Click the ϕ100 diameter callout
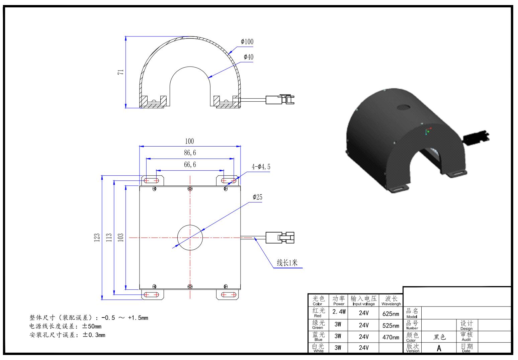click(247, 41)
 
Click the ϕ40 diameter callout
click(249, 57)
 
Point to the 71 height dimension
click(120, 72)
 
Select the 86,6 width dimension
click(190, 153)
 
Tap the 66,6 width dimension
click(190, 164)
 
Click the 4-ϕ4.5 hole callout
click(261, 167)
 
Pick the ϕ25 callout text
click(257, 197)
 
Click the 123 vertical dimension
click(97, 238)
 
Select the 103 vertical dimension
click(120, 238)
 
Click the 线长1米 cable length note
click(287, 263)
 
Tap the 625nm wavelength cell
click(391, 314)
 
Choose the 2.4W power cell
click(339, 312)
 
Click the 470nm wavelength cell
click(391, 337)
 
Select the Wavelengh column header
click(391, 304)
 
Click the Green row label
click(318, 328)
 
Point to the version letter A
click(439, 348)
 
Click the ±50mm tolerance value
click(92, 326)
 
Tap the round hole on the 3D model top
click(404, 107)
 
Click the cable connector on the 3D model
click(477, 137)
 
